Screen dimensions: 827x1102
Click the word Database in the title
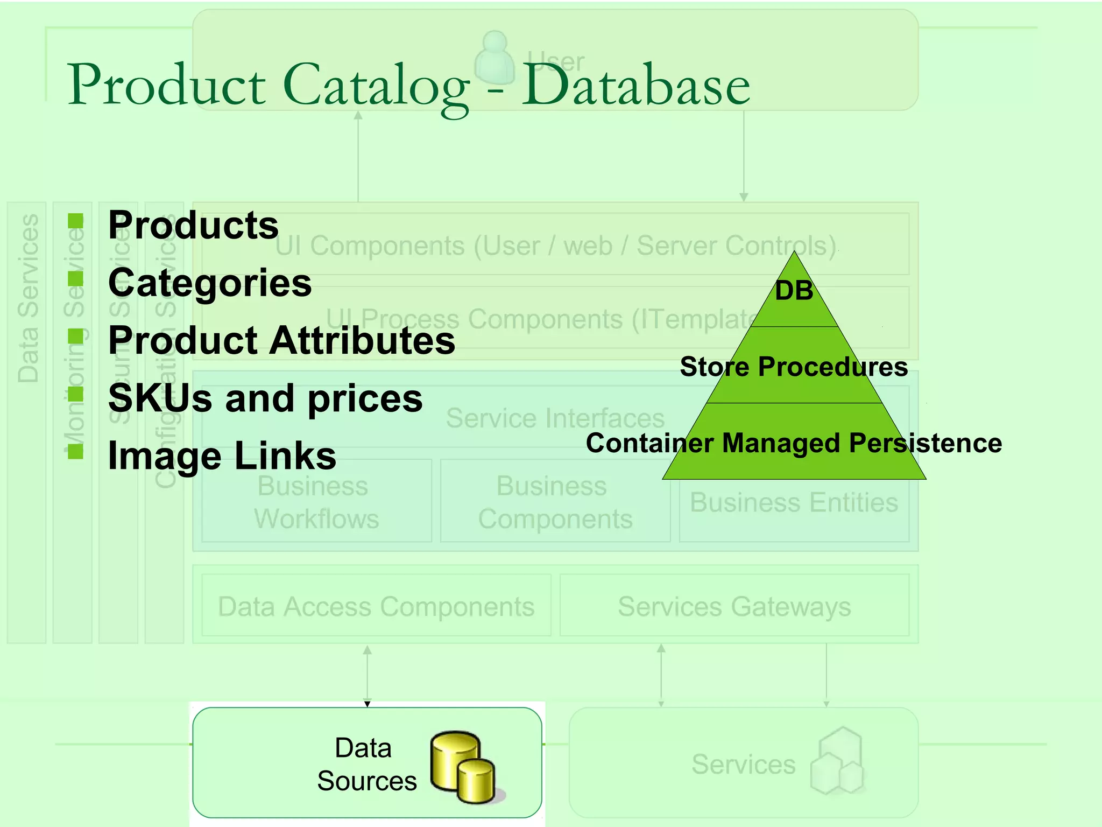point(636,85)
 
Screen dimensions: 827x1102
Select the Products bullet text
point(193,225)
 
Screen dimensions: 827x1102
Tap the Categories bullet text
point(210,283)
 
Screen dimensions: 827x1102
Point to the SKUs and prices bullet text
point(265,398)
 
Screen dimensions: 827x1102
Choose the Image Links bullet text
point(222,456)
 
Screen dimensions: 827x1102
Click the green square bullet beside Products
point(76,221)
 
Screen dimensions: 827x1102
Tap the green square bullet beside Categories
point(76,278)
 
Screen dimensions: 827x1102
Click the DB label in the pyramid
point(794,291)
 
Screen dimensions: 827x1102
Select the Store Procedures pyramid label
point(794,367)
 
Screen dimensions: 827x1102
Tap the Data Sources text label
point(366,765)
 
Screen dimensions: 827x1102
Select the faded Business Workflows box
point(316,502)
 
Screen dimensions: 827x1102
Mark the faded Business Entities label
point(794,503)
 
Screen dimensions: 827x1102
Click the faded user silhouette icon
point(495,58)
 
